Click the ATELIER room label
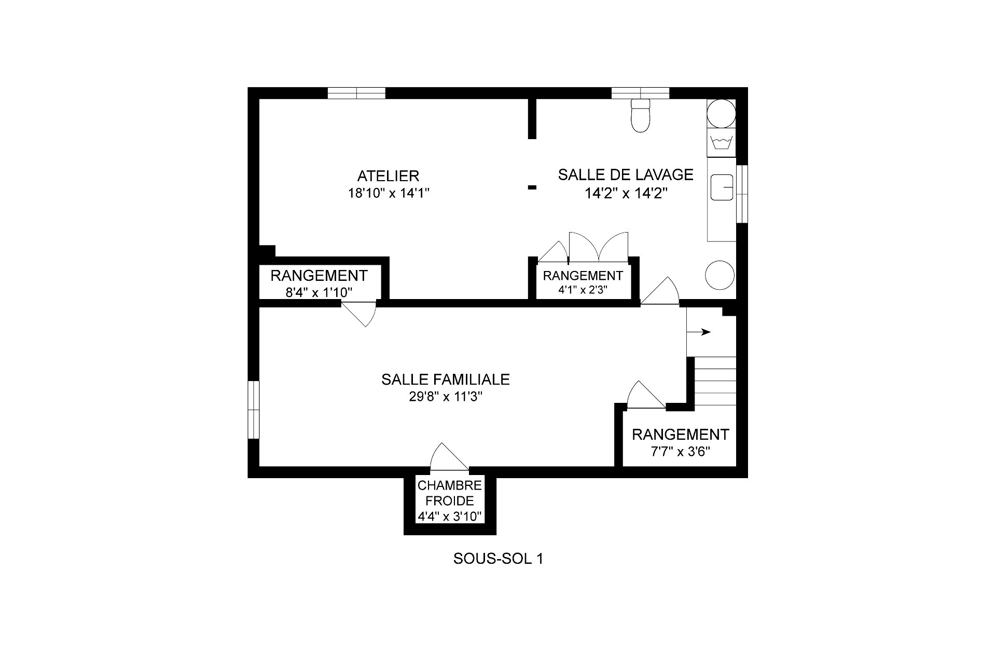click(x=388, y=175)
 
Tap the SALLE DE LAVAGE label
click(x=626, y=174)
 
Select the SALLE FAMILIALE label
click(x=446, y=380)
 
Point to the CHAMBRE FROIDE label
click(x=450, y=493)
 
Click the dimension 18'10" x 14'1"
click(x=389, y=194)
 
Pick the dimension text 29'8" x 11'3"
click(x=446, y=397)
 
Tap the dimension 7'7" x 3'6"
click(x=680, y=451)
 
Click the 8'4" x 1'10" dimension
click(x=319, y=292)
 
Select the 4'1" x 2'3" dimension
click(x=583, y=290)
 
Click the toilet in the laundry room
click(x=641, y=115)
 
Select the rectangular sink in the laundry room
click(x=722, y=187)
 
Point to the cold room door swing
click(x=449, y=457)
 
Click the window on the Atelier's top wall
click(x=356, y=93)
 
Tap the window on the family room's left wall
click(x=253, y=410)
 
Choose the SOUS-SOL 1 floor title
click(x=498, y=559)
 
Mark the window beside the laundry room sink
click(x=742, y=194)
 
